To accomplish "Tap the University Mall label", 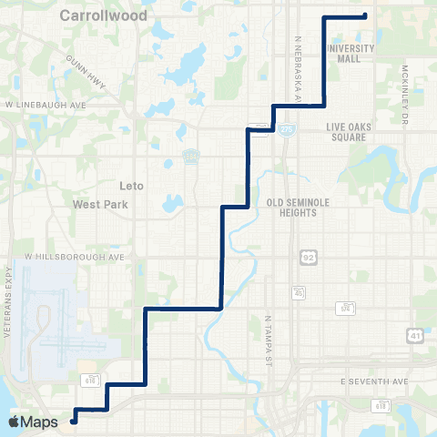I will coord(342,53).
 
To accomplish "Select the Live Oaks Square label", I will coord(346,131).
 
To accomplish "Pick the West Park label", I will coord(99,205).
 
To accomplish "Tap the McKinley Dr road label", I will coord(404,93).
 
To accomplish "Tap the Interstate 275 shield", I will coord(287,130).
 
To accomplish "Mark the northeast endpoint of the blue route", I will coord(364,15).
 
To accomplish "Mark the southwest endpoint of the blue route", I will coord(73,421).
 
